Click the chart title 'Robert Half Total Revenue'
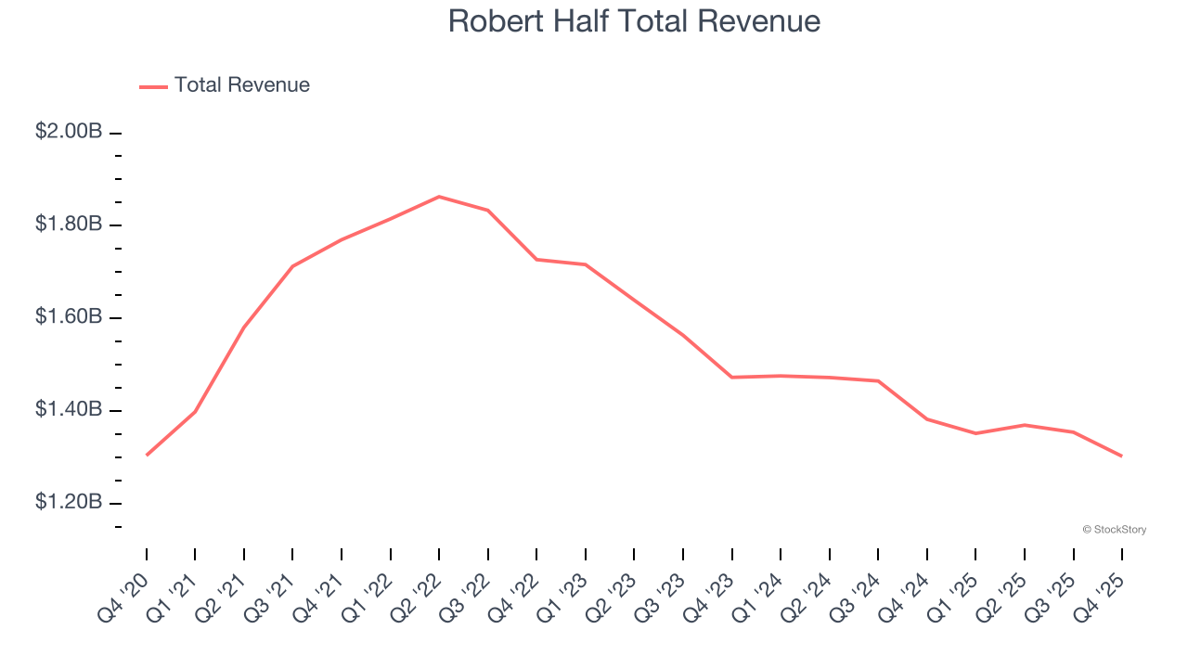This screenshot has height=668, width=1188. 634,20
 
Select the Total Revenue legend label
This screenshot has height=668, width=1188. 241,85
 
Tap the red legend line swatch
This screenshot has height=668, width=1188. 153,86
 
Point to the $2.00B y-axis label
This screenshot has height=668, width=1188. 69,132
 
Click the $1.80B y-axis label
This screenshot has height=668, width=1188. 69,225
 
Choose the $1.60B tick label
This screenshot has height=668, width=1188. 69,317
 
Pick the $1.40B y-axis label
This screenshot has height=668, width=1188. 69,410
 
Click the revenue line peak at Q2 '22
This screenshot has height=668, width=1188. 439,197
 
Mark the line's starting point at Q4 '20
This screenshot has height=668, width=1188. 147,455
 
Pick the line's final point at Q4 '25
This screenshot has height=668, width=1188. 1121,456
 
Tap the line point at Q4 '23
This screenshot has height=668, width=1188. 731,378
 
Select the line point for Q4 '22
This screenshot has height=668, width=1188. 536,260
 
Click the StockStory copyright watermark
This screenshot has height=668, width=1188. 1114,530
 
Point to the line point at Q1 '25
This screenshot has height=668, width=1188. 975,433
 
